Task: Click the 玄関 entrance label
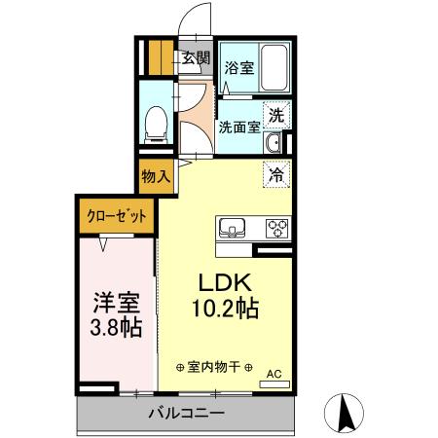[x=196, y=57]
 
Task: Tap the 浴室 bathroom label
[x=239, y=68]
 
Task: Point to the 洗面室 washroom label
[x=238, y=127]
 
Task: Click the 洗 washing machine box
[x=277, y=114]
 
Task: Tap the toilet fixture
[x=154, y=124]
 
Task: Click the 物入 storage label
[x=156, y=177]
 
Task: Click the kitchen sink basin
[x=235, y=230]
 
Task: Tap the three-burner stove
[x=277, y=230]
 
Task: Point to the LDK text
[x=226, y=283]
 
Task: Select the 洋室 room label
[x=117, y=301]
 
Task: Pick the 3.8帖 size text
[x=117, y=327]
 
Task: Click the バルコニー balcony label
[x=187, y=414]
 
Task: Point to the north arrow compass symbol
[x=345, y=413]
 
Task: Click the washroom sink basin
[x=273, y=145]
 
